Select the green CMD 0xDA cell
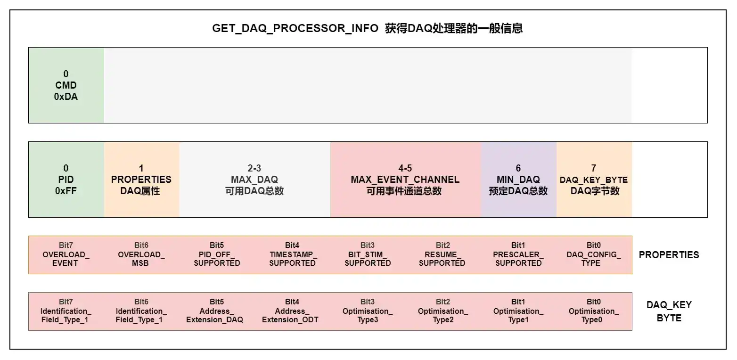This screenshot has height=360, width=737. [66, 85]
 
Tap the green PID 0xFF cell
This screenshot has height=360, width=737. [66, 180]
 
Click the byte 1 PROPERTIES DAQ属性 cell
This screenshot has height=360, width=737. [141, 180]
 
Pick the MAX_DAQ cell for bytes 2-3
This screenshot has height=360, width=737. [254, 180]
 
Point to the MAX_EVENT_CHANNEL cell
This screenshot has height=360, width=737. [405, 180]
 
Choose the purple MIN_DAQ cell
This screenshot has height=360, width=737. [518, 180]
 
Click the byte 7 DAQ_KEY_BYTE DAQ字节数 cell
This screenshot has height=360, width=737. [594, 180]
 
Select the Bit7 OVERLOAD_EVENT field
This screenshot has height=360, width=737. [66, 254]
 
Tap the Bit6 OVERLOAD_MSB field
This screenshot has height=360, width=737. [141, 254]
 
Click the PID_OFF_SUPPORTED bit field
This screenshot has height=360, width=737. [217, 254]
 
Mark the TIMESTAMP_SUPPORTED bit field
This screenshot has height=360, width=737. [292, 254]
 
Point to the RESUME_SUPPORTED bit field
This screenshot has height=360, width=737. [442, 254]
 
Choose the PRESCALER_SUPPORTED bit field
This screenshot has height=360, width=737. [518, 254]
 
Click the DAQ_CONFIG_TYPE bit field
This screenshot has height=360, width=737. [593, 254]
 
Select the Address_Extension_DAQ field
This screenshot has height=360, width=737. [215, 311]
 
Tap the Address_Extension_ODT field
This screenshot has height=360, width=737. [290, 311]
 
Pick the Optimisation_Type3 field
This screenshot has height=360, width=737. [368, 311]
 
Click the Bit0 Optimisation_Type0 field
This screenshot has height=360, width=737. [593, 311]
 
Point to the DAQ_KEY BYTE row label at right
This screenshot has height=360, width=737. [669, 311]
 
